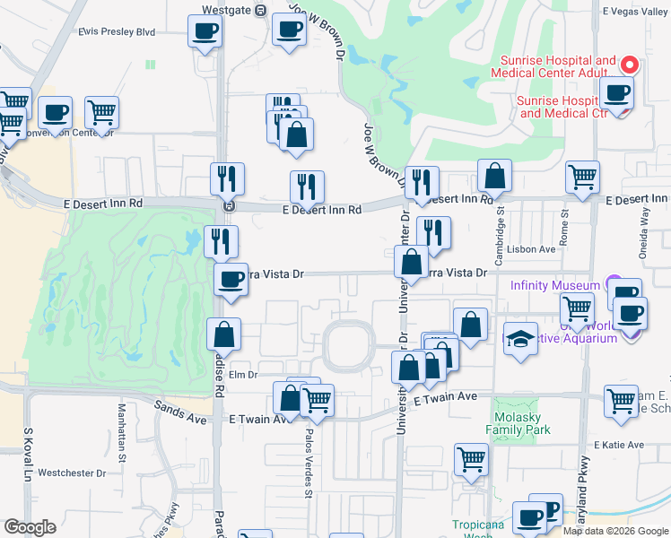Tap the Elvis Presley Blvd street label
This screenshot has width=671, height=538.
point(117,31)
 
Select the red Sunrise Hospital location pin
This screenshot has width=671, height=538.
point(629,65)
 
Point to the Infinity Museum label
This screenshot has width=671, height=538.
point(554,286)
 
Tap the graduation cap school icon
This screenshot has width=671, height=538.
point(520,340)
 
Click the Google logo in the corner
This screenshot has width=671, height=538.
point(30,527)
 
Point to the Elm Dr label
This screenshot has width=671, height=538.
point(243,375)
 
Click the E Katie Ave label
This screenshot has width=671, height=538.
point(619,445)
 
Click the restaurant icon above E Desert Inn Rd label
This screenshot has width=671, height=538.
point(307,187)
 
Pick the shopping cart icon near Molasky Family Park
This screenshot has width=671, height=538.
point(471,459)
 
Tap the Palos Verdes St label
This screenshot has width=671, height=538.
point(308,472)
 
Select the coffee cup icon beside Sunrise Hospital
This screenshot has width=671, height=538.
point(616,92)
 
